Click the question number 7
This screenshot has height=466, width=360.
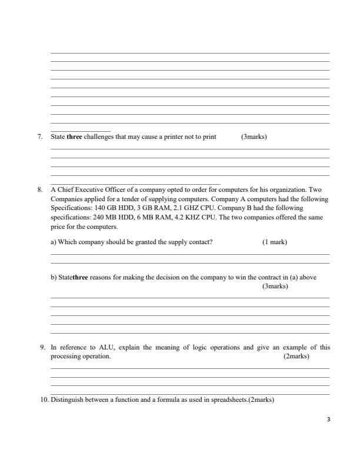point(40,137)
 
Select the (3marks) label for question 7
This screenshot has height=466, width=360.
point(254,137)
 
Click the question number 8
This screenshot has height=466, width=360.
point(40,190)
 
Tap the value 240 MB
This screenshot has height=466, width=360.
point(106,217)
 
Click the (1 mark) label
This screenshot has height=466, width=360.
point(275,242)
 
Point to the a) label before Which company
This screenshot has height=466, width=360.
point(54,242)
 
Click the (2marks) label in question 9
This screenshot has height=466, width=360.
point(296,356)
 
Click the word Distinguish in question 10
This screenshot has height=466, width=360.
point(68,400)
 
